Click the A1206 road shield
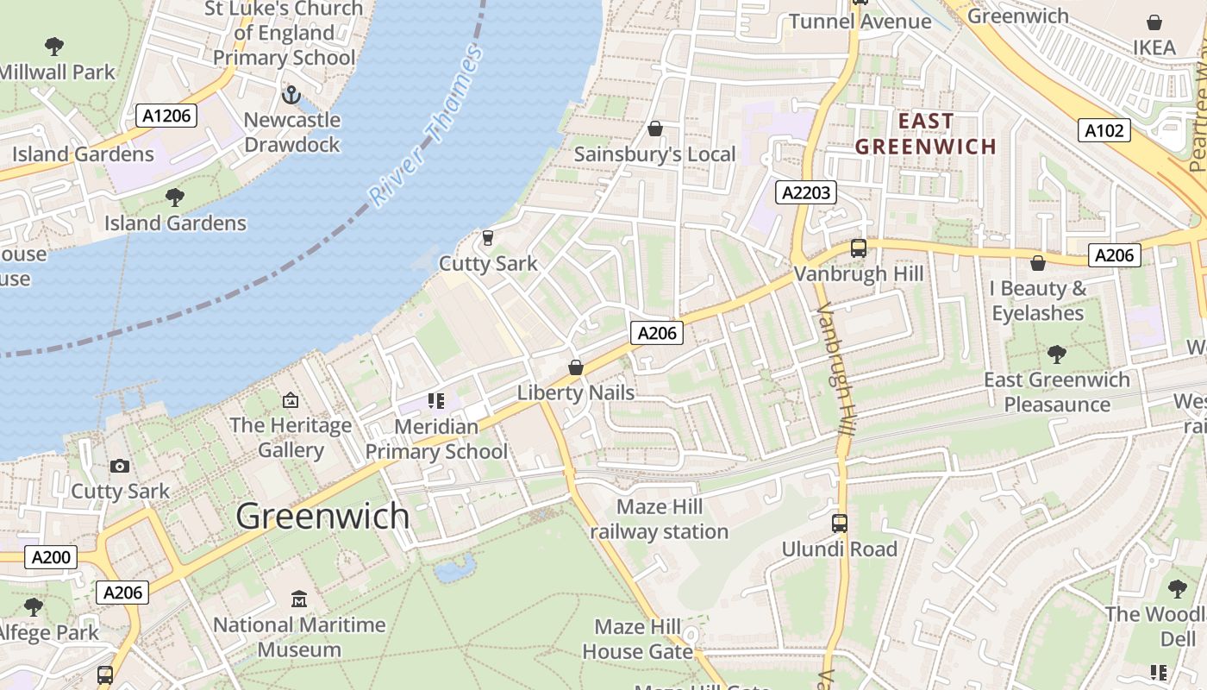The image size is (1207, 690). click(x=166, y=116)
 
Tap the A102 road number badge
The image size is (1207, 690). click(x=1104, y=130)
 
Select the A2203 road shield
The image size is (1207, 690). click(x=806, y=192)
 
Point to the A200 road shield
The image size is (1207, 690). click(x=51, y=557)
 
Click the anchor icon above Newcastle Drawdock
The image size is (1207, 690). click(x=291, y=94)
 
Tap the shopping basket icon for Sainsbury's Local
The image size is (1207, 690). click(x=655, y=129)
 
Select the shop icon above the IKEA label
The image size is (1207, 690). click(x=1154, y=22)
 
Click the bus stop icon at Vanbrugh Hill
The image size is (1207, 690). click(x=858, y=248)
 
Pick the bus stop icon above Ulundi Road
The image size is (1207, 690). click(x=839, y=524)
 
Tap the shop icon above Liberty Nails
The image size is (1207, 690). click(x=575, y=368)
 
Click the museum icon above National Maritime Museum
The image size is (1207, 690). click(x=299, y=599)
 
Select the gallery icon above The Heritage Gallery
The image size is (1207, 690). click(x=291, y=400)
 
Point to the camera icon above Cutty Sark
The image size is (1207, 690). click(x=120, y=467)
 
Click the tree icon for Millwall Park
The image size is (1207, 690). click(x=54, y=47)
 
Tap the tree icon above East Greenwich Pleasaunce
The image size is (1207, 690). click(x=1056, y=354)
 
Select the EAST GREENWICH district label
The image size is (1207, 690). click(x=926, y=134)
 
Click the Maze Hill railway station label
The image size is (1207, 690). click(x=660, y=519)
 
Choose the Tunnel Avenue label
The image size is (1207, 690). click(x=860, y=22)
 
